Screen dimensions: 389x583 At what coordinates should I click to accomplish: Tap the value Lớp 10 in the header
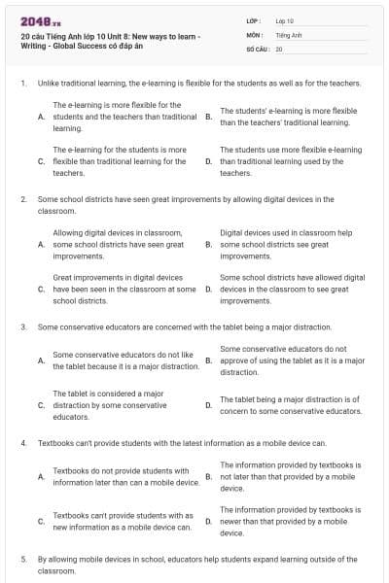pyautogui.click(x=284, y=20)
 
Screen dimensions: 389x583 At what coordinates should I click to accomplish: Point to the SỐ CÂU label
pyautogui.click(x=258, y=48)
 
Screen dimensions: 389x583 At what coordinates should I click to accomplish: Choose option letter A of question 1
pyautogui.click(x=41, y=117)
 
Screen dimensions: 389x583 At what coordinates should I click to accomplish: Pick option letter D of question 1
pyautogui.click(x=208, y=161)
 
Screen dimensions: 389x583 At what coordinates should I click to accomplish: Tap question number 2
pyautogui.click(x=22, y=198)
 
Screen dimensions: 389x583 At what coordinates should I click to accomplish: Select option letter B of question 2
pyautogui.click(x=208, y=245)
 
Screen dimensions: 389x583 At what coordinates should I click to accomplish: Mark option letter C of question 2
pyautogui.click(x=41, y=289)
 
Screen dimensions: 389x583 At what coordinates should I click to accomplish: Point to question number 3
pyautogui.click(x=22, y=327)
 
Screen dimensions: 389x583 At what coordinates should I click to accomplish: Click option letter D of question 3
pyautogui.click(x=208, y=405)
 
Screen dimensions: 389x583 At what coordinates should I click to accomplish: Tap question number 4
pyautogui.click(x=22, y=443)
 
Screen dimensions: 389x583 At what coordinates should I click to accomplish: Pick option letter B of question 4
pyautogui.click(x=208, y=477)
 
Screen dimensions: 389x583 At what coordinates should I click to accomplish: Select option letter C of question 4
pyautogui.click(x=41, y=522)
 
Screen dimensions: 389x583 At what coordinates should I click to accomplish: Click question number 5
pyautogui.click(x=22, y=560)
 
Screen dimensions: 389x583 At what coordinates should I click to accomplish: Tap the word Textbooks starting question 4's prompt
pyautogui.click(x=56, y=443)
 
